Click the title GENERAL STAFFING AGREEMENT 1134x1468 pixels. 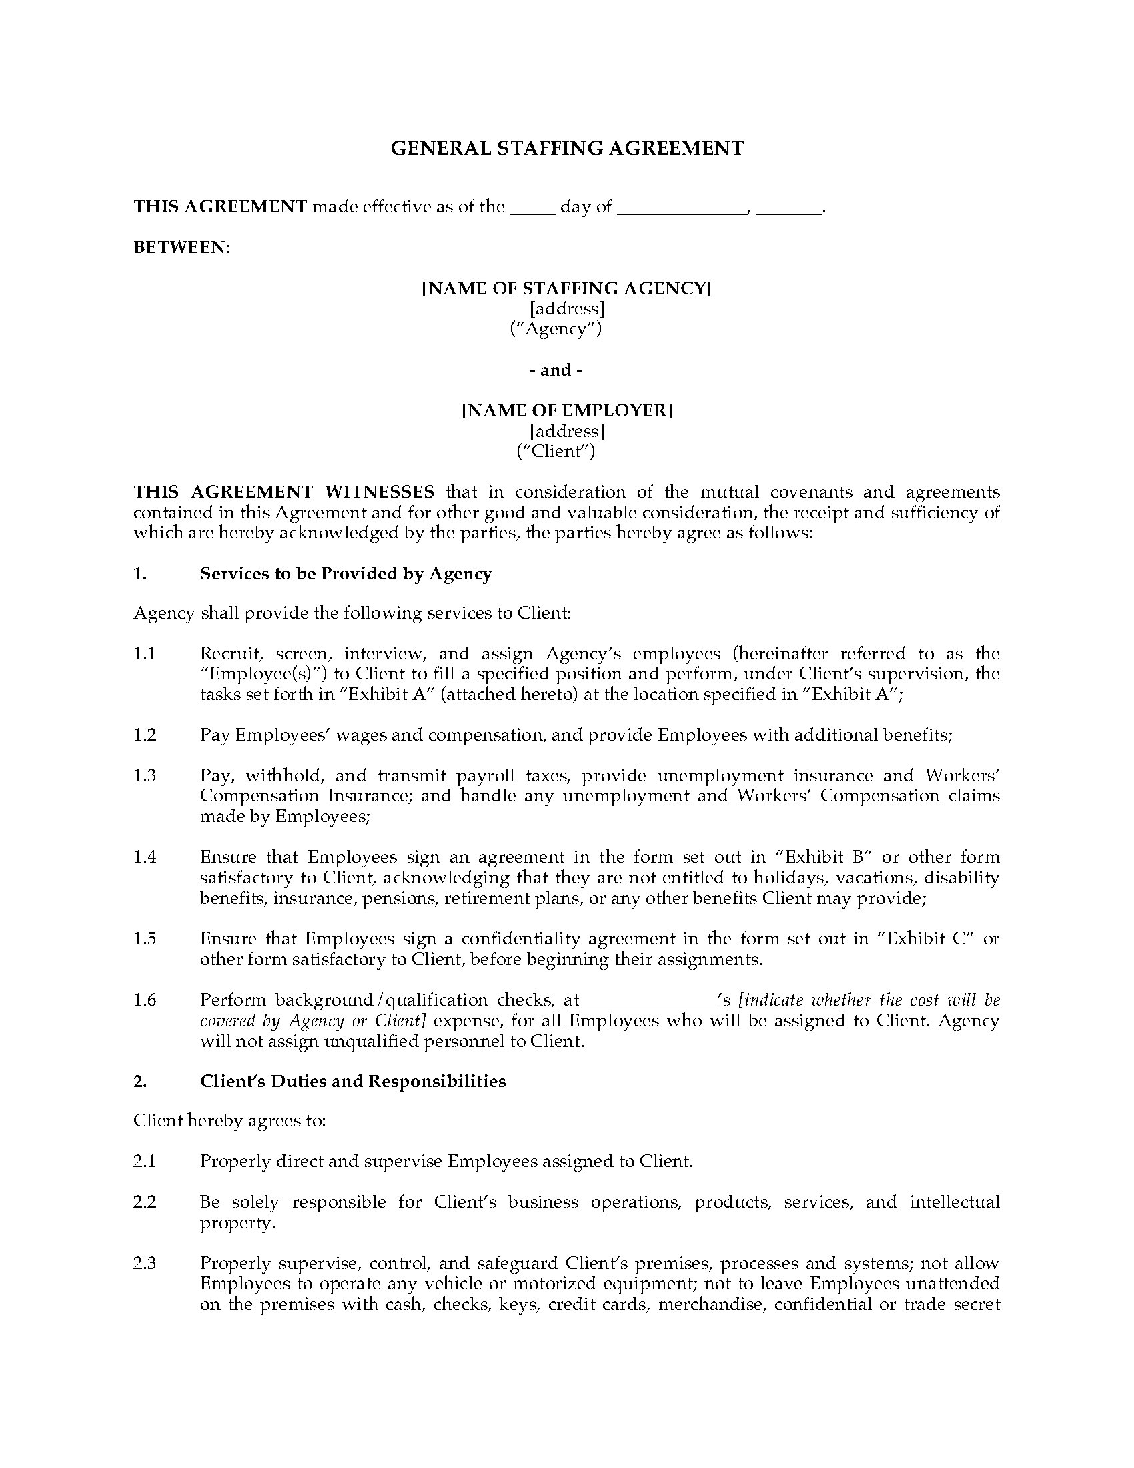tap(567, 149)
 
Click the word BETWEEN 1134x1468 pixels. tap(180, 248)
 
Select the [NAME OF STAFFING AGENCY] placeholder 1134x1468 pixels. tap(566, 288)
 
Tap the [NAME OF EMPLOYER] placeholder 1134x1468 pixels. tap(566, 410)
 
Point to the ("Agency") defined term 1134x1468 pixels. tap(556, 329)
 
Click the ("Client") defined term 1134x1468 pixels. tap(556, 451)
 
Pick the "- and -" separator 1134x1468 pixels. tap(556, 370)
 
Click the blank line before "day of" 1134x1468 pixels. tap(533, 207)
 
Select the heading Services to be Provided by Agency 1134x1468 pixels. tap(346, 573)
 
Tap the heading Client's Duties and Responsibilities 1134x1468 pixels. tap(353, 1081)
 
